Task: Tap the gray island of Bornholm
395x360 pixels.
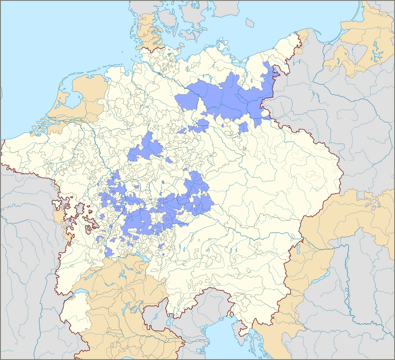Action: (250, 22)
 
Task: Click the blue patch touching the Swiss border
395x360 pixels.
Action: (109, 252)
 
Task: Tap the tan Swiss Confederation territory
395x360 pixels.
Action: (116, 288)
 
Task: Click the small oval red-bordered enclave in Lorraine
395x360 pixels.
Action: (88, 230)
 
